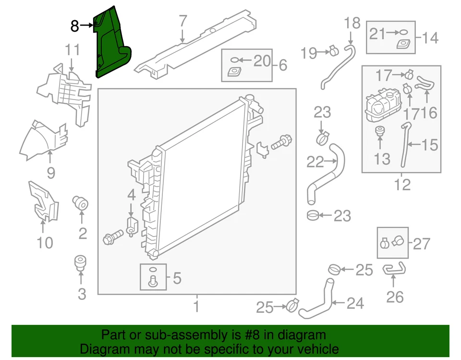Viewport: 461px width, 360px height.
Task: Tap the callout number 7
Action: click(182, 22)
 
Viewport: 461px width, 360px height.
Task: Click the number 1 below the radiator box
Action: click(196, 306)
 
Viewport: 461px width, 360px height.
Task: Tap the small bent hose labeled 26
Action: click(394, 271)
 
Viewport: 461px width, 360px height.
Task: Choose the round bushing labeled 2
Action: click(81, 203)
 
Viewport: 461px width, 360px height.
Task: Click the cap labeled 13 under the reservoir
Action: click(379, 130)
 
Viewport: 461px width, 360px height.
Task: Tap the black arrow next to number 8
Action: click(88, 25)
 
